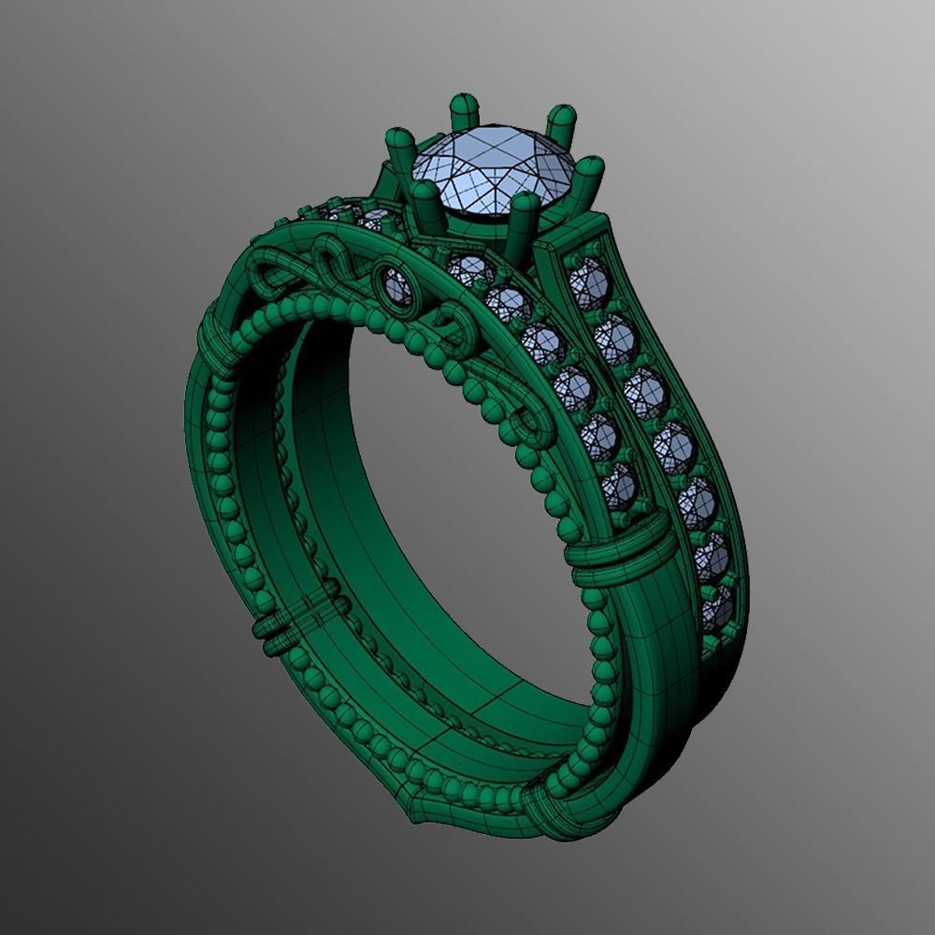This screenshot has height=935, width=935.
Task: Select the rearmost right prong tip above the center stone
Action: (561, 120)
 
